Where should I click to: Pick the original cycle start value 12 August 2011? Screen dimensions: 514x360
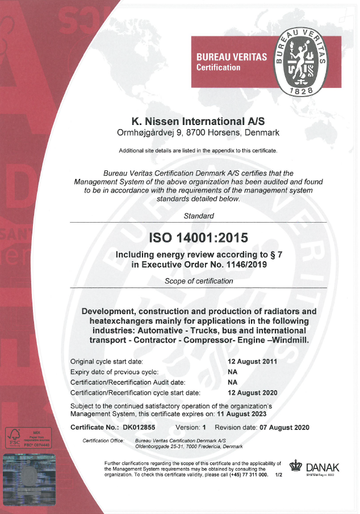click(x=252, y=361)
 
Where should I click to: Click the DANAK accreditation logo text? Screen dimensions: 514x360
click(x=323, y=467)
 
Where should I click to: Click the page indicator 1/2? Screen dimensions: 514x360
click(x=278, y=474)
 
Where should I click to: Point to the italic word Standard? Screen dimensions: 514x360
click(x=199, y=216)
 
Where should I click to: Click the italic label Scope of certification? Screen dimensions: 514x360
click(x=199, y=281)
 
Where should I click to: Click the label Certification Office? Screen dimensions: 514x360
click(x=103, y=441)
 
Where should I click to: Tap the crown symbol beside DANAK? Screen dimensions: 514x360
click(x=296, y=466)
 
